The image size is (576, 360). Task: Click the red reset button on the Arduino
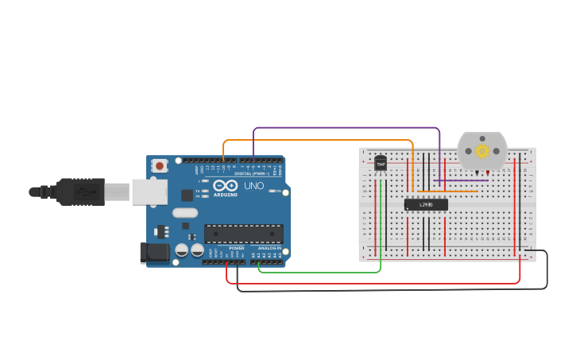click(160, 166)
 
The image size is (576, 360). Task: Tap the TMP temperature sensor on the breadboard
click(381, 164)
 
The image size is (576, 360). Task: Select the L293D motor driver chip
click(426, 204)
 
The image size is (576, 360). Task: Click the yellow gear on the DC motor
click(482, 150)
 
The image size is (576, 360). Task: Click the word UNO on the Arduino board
click(253, 186)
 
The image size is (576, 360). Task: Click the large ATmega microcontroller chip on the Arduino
click(243, 234)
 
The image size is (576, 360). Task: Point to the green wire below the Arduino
click(318, 272)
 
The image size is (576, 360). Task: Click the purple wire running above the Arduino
click(346, 127)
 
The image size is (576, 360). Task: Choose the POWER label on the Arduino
click(236, 248)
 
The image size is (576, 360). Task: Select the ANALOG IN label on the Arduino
click(268, 248)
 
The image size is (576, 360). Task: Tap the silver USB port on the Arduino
click(149, 191)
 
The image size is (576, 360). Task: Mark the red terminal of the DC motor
click(487, 172)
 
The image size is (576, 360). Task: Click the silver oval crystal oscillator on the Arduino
click(184, 212)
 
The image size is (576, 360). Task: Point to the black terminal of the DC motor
click(477, 172)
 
